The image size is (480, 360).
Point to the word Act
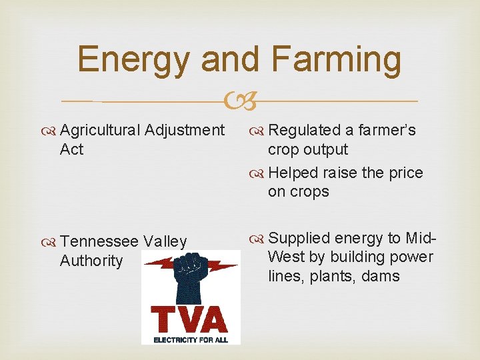[x=71, y=149]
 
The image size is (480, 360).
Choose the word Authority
[x=91, y=261]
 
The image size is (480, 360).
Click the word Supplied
[x=298, y=238]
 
